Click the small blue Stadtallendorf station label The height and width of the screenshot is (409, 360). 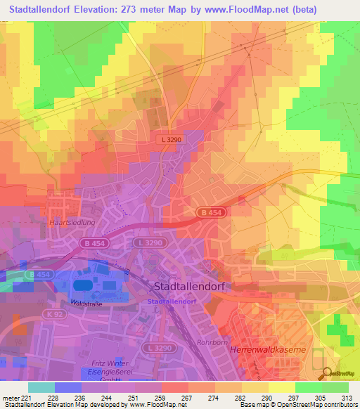[x=172, y=301]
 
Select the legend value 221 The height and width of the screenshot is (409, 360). [x=26, y=397]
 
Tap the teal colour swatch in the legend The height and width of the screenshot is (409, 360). [x=41, y=387]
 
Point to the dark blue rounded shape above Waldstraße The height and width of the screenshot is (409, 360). [x=83, y=285]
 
